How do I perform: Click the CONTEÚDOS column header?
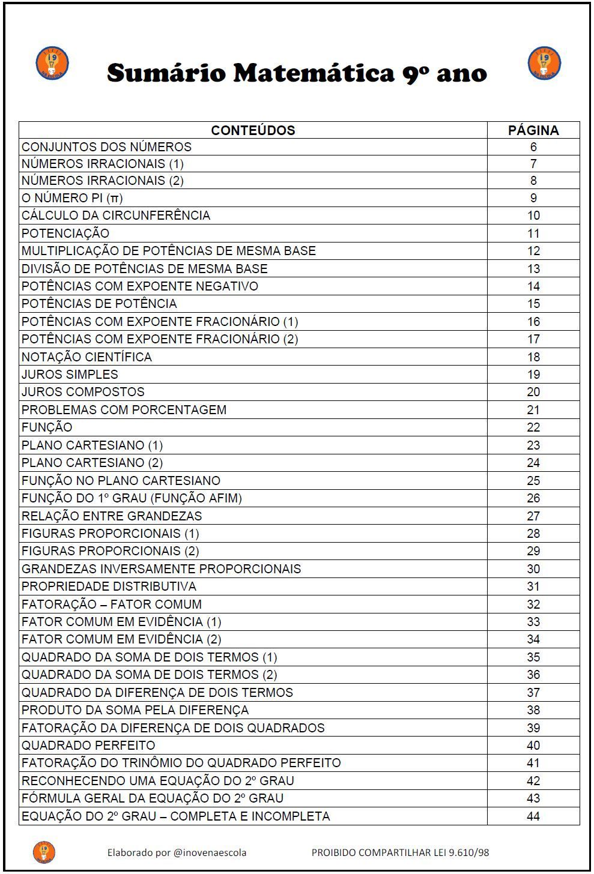click(x=253, y=130)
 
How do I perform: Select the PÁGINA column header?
click(x=533, y=130)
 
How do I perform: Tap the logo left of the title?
click(x=52, y=63)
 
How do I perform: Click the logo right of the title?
click(x=544, y=63)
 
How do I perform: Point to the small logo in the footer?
click(x=44, y=852)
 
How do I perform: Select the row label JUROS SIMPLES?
click(x=70, y=375)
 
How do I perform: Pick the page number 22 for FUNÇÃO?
click(x=533, y=427)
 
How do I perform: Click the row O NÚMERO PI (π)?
click(x=72, y=198)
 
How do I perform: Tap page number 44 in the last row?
click(x=533, y=816)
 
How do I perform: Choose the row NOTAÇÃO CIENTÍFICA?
click(x=86, y=357)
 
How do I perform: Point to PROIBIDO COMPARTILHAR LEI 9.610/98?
click(x=401, y=852)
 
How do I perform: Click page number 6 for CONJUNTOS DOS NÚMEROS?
click(x=533, y=147)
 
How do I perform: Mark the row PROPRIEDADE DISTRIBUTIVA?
click(x=109, y=586)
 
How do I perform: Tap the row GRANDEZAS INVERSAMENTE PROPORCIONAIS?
click(x=161, y=569)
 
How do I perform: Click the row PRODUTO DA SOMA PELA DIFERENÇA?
click(x=135, y=710)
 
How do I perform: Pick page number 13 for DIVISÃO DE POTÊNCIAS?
click(x=533, y=269)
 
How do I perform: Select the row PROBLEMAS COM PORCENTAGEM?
click(x=124, y=410)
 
